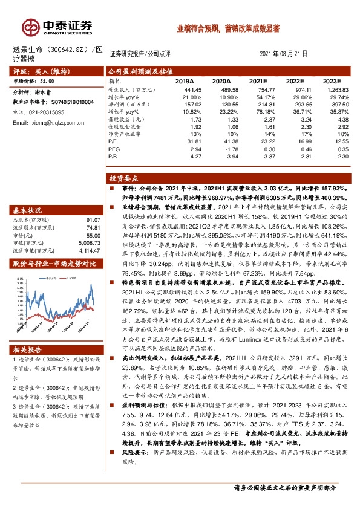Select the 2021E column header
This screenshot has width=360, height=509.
tap(258, 80)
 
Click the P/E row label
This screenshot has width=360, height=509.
tap(113, 141)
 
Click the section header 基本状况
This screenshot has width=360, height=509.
tap(28, 210)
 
